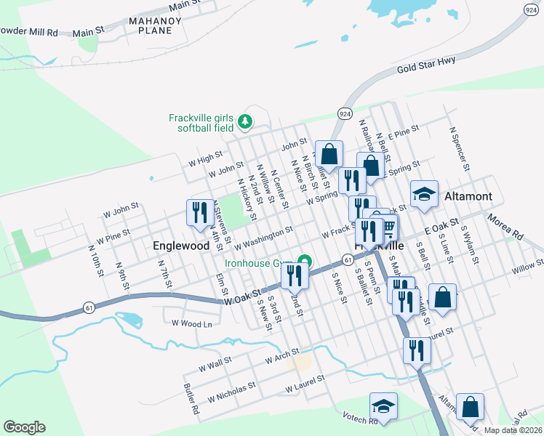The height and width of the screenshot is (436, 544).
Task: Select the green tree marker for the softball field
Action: [246, 122]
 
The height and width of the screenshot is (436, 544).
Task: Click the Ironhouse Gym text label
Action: [259, 263]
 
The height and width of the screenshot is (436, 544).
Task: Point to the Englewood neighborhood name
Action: [181, 246]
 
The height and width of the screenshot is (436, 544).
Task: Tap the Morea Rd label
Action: [505, 227]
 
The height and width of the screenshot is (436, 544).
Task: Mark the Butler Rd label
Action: [191, 399]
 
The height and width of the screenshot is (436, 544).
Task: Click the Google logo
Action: [24, 427]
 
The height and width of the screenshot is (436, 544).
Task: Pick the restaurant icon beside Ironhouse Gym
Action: [295, 275]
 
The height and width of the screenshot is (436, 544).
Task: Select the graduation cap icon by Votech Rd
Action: [383, 405]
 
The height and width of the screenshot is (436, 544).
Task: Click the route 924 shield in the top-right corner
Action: [532, 9]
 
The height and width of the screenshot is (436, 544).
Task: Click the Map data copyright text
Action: [513, 429]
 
